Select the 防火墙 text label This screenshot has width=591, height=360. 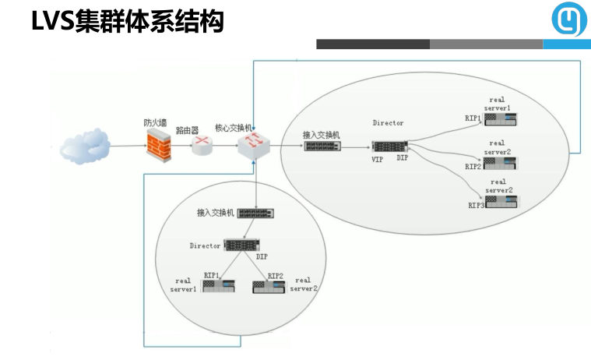pos(157,122)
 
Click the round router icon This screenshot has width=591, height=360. pos(202,143)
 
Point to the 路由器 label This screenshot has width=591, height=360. pos(188,130)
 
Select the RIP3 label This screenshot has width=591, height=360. pos(476,205)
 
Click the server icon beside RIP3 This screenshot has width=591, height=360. pos(501,202)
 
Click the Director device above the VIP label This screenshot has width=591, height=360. pos(389,146)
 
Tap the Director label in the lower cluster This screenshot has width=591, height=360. pos(205,246)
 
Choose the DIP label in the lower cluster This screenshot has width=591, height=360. pos(262,256)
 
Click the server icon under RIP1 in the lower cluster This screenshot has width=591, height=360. pos(219,286)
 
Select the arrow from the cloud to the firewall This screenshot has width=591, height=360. pos(128,145)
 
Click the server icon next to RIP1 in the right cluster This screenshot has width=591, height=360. pos(501,119)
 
